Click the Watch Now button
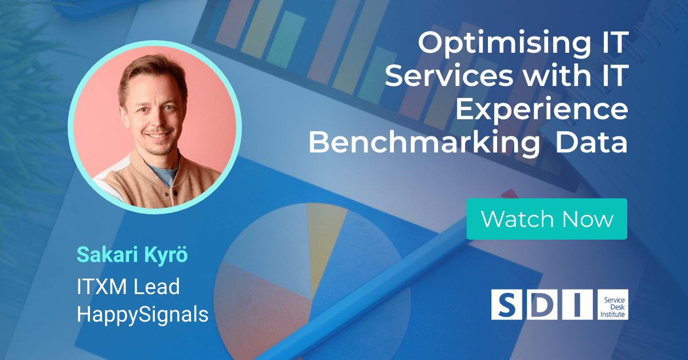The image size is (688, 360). (x=547, y=219)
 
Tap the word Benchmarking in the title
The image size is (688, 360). (x=424, y=142)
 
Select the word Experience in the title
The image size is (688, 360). (x=542, y=109)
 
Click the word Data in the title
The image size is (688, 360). (x=592, y=142)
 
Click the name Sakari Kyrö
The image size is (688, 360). (x=132, y=255)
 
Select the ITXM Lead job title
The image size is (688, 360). (x=128, y=287)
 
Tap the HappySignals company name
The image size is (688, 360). (x=143, y=314)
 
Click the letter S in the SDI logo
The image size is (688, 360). (x=506, y=305)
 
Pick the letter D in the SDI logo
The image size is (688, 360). (x=542, y=305)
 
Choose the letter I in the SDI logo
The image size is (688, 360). (x=577, y=305)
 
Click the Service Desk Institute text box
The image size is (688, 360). (x=613, y=305)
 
